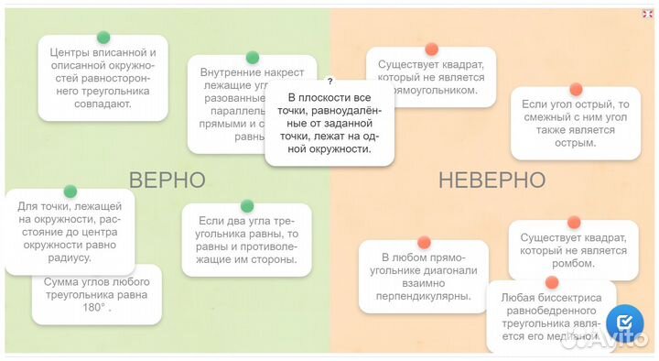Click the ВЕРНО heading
coord(166,180)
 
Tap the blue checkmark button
coord(625,323)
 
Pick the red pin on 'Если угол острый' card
coord(576,89)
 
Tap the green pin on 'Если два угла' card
coord(246,206)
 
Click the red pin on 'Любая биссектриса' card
coord(551,282)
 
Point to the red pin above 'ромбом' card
coord(574,223)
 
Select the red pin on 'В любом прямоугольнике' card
coord(424,243)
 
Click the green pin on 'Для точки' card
coord(70,191)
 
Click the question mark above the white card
coord(329,82)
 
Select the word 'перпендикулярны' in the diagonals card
coord(426,296)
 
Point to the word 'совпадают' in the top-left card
coord(103,104)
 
